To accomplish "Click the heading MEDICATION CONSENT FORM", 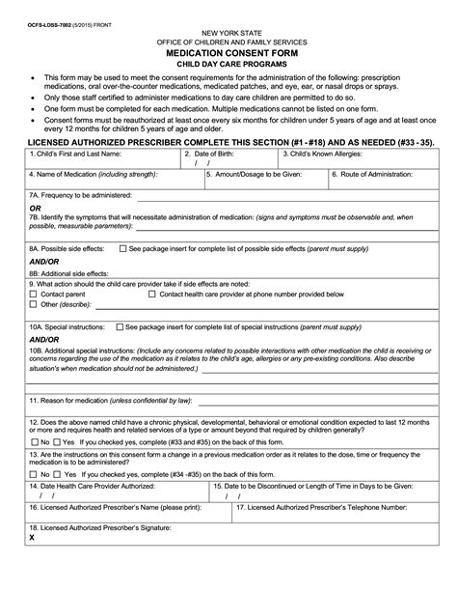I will [228, 52].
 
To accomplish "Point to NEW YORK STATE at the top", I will [228, 32].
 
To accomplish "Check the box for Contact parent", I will [33, 294].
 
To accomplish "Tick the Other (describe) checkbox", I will [33, 304].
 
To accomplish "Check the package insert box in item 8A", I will [122, 249].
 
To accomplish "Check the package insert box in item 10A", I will [120, 328].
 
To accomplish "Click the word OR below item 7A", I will [36, 207].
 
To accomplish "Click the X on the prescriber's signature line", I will [33, 565].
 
